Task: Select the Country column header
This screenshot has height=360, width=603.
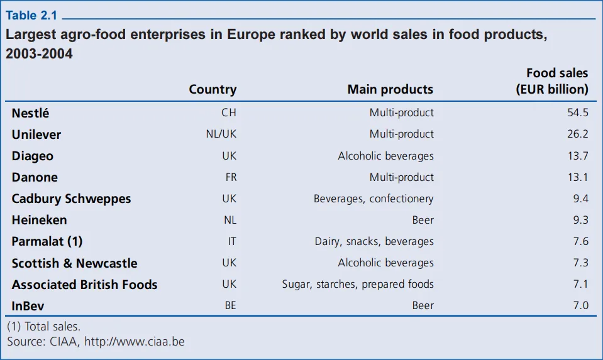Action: (213, 89)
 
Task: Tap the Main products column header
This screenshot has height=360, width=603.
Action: (390, 89)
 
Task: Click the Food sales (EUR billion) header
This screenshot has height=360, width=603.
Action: (552, 81)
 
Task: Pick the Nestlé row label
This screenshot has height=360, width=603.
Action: (30, 113)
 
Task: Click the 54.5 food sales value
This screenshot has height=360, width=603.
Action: (577, 113)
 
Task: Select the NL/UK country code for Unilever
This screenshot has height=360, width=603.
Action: (221, 134)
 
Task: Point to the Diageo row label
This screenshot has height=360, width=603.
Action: (33, 156)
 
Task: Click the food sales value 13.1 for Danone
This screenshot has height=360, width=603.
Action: (577, 177)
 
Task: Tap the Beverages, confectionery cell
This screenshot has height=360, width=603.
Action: (373, 199)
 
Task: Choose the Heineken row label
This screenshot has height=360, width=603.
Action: (39, 220)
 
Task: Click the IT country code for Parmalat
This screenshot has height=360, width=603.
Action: (232, 241)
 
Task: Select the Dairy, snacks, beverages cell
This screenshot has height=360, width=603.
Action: (374, 241)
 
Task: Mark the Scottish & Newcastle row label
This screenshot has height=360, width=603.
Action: (74, 263)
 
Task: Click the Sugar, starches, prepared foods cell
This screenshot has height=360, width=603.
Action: (358, 285)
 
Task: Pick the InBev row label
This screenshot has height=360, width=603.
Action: (28, 306)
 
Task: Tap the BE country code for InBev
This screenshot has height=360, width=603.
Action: (231, 306)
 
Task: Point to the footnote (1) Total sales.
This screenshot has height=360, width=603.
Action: (44, 327)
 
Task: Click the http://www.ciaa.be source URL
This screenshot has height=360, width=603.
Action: (135, 342)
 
